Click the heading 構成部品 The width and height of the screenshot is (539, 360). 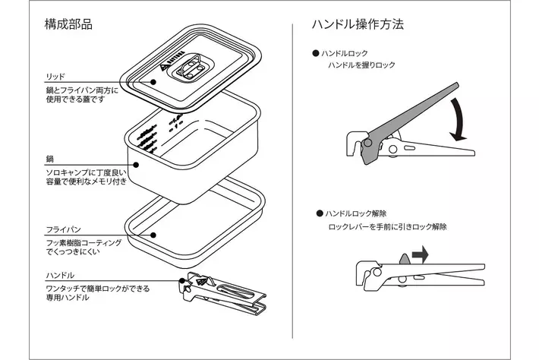point(68,24)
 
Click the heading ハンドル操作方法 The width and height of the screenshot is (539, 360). point(358,24)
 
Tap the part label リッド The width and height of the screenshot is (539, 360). point(55,76)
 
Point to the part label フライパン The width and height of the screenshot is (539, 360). point(62,229)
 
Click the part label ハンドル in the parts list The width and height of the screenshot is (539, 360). point(58,276)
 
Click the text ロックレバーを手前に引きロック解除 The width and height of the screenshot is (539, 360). point(387,227)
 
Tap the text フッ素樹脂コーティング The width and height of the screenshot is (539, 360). point(83,241)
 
